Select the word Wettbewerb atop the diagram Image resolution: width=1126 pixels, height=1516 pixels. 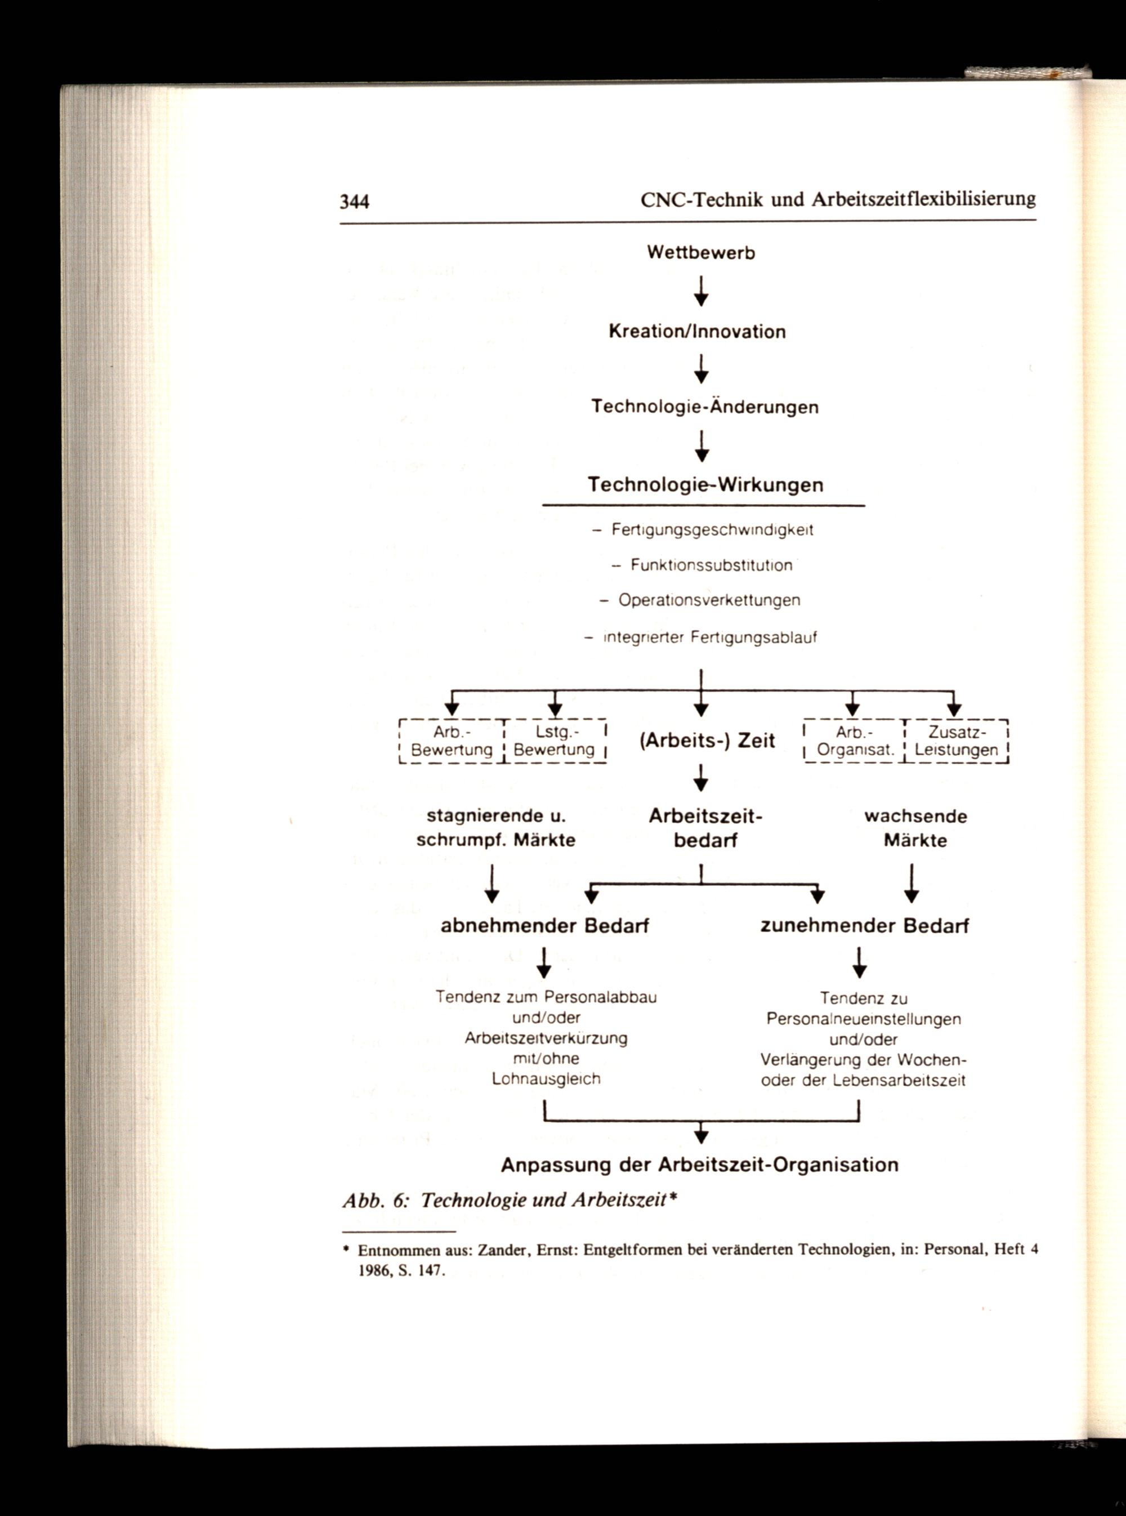pyautogui.click(x=701, y=253)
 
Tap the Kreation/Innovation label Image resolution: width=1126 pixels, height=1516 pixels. pyautogui.click(x=697, y=332)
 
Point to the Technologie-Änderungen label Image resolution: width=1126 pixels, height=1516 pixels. pyautogui.click(x=705, y=408)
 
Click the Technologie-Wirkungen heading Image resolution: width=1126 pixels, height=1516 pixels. pyautogui.click(x=705, y=485)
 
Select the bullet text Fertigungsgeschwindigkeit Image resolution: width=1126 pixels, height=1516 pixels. pyautogui.click(x=712, y=530)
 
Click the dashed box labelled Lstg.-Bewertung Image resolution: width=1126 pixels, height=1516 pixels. pyautogui.click(x=555, y=742)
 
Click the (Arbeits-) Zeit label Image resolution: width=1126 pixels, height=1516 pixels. pyautogui.click(x=707, y=741)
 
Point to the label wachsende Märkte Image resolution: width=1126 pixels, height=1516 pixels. pyautogui.click(x=915, y=828)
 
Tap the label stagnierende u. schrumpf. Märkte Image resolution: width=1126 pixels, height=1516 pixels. pyautogui.click(x=495, y=828)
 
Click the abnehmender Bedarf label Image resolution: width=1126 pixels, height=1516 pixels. pyautogui.click(x=544, y=926)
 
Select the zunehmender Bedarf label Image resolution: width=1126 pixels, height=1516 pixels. pyautogui.click(x=864, y=926)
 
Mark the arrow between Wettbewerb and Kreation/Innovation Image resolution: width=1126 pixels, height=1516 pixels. pyautogui.click(x=701, y=292)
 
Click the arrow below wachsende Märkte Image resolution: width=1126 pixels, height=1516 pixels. pyautogui.click(x=912, y=884)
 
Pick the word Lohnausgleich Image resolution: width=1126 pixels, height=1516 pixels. pyautogui.click(x=546, y=1079)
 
